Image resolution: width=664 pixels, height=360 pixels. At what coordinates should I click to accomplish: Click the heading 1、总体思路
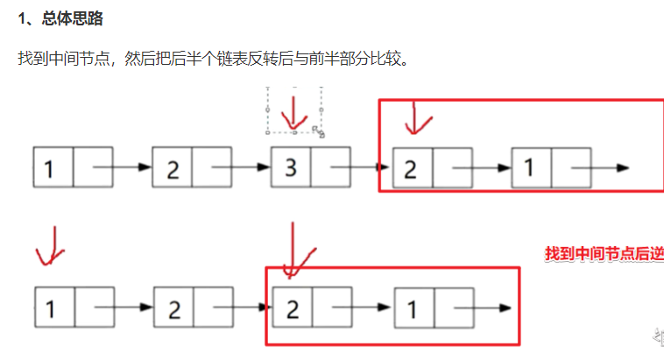[60, 19]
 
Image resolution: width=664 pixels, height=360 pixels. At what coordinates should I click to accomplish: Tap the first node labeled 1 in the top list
[52, 166]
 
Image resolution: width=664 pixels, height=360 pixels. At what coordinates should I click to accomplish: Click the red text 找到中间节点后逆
[603, 254]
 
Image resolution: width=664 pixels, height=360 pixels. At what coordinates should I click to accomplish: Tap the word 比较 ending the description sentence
[391, 59]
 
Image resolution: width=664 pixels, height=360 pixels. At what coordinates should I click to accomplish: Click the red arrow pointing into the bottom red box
[296, 250]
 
